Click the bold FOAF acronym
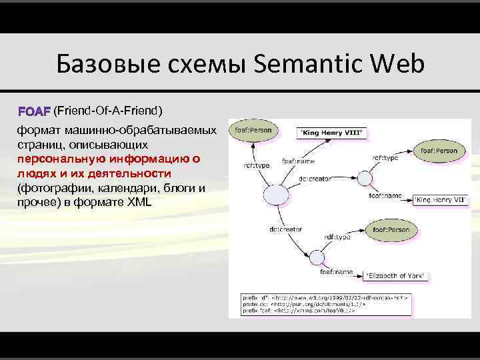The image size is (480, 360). tap(35, 109)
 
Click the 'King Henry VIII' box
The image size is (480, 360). tap(332, 133)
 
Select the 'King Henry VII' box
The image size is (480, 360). tap(440, 199)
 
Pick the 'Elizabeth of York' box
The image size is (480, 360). tap(397, 275)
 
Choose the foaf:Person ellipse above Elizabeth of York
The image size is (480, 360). tap(391, 229)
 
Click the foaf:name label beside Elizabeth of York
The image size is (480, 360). tap(335, 272)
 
